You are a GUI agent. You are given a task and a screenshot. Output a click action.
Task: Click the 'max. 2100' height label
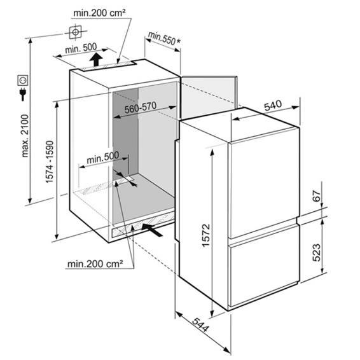[x=25, y=135]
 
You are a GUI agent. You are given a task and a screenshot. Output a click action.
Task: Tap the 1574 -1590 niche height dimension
[x=50, y=162]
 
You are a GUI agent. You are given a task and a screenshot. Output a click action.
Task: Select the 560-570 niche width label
[x=141, y=107]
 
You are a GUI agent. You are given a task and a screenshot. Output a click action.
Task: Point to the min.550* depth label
[x=164, y=38]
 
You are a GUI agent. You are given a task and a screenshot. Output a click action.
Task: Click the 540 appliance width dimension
[x=273, y=106]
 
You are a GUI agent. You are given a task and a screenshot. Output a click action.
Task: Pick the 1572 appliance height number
[x=206, y=235]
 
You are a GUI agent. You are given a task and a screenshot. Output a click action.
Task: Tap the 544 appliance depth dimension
[x=200, y=325]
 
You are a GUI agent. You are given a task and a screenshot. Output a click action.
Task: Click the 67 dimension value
[x=317, y=196]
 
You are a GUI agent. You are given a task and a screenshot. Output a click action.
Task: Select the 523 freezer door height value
[x=317, y=253]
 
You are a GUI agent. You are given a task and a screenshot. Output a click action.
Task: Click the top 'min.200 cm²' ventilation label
[x=99, y=13]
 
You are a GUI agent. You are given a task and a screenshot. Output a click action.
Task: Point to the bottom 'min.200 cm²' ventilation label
[x=95, y=264]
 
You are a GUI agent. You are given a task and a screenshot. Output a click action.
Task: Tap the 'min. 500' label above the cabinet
[x=81, y=48]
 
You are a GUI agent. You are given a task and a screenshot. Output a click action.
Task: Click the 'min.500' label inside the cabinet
[x=103, y=158]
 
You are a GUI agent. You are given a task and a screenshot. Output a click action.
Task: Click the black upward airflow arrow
[x=96, y=59]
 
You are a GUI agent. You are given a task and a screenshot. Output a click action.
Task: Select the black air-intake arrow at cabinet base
[x=152, y=230]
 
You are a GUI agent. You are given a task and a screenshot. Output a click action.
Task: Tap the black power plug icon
[x=23, y=94]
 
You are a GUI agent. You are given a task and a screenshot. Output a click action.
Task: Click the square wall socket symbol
[x=23, y=80]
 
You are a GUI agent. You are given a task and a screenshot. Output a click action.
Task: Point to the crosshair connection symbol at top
[x=76, y=32]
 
